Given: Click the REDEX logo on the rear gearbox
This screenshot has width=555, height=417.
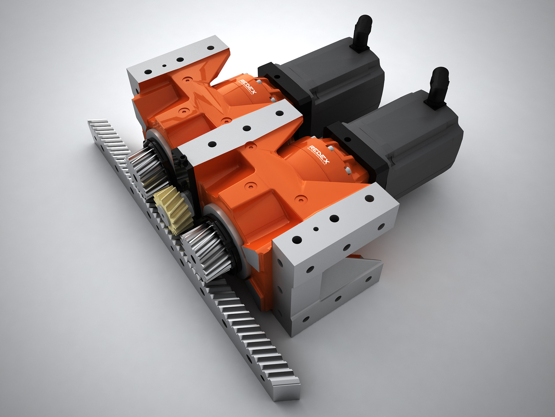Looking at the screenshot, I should pyautogui.click(x=247, y=86).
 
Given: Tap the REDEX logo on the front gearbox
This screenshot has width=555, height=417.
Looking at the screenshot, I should pyautogui.click(x=319, y=154).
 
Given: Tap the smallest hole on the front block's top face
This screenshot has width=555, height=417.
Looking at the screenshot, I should pyautogui.click(x=316, y=229).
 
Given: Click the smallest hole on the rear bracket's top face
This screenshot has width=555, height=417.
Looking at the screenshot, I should pyautogui.click(x=164, y=66).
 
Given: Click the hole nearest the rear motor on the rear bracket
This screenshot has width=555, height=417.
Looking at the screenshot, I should pyautogui.click(x=211, y=48).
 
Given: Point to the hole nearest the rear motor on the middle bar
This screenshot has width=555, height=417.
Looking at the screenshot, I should pyautogui.click(x=279, y=113).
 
